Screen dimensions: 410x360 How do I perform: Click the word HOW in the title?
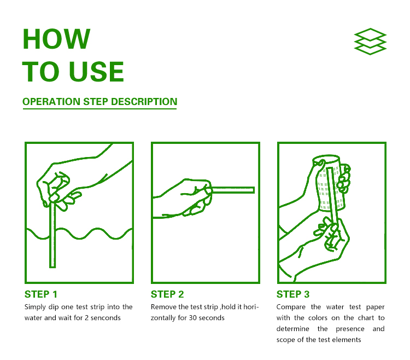point(56,39)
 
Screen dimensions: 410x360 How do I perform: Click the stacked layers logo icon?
point(370,42)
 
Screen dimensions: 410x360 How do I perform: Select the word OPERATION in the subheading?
point(51,102)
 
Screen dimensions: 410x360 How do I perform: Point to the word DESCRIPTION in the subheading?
point(144,102)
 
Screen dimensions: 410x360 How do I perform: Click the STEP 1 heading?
point(41,294)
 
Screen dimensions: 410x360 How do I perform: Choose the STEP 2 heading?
point(167,294)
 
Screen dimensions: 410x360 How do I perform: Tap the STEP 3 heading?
point(293,294)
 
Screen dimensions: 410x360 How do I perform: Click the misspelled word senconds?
point(106,318)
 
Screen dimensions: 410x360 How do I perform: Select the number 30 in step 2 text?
point(193,318)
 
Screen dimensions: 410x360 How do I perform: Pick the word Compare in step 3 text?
point(291,307)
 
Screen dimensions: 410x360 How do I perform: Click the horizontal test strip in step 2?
point(233,190)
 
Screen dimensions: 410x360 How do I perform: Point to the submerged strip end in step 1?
point(52,266)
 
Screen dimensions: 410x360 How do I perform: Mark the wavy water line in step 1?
point(79,234)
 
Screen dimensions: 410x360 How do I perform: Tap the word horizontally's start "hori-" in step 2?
point(251,307)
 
